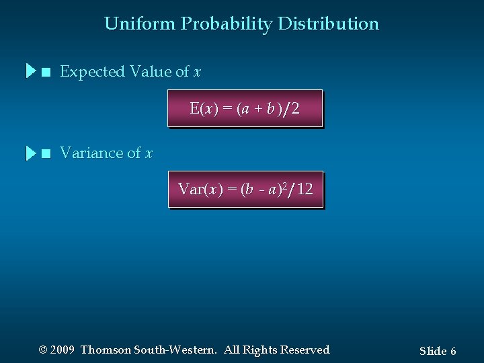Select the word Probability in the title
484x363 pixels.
coord(226,24)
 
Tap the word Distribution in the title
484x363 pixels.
coord(328,24)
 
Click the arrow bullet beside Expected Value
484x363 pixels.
coord(31,71)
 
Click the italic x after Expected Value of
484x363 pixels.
coord(198,72)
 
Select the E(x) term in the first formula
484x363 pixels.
coord(204,109)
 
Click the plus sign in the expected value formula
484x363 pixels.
coord(257,109)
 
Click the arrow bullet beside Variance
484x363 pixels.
coord(31,153)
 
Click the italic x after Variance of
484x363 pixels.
coord(149,154)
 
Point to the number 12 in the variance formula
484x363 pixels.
coord(305,190)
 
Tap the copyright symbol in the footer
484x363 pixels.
coord(44,350)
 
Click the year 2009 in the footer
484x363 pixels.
coord(62,350)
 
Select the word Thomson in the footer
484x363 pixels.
coord(106,350)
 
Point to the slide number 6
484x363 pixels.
coord(454,351)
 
